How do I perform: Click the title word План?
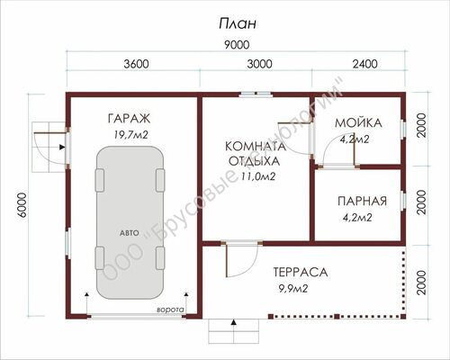[238, 24]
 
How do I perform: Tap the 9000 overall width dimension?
[237, 45]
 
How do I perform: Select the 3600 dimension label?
[136, 64]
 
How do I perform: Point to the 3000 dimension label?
[260, 64]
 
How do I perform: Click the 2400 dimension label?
[364, 64]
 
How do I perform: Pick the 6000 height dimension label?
[22, 205]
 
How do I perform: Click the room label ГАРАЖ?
[129, 119]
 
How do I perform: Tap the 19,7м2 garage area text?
[130, 135]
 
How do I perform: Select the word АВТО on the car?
[130, 233]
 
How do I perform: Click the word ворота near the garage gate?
[171, 310]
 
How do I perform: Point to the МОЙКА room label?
[358, 123]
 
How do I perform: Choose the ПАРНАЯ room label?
[363, 202]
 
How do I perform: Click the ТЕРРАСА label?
[301, 273]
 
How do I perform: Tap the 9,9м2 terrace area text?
[293, 289]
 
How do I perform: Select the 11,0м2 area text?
[258, 176]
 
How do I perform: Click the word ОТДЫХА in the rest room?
[254, 161]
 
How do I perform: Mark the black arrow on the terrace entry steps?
[233, 322]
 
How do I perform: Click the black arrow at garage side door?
[62, 147]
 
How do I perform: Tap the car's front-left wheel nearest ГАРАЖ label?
[100, 180]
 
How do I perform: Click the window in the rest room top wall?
[256, 94]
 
